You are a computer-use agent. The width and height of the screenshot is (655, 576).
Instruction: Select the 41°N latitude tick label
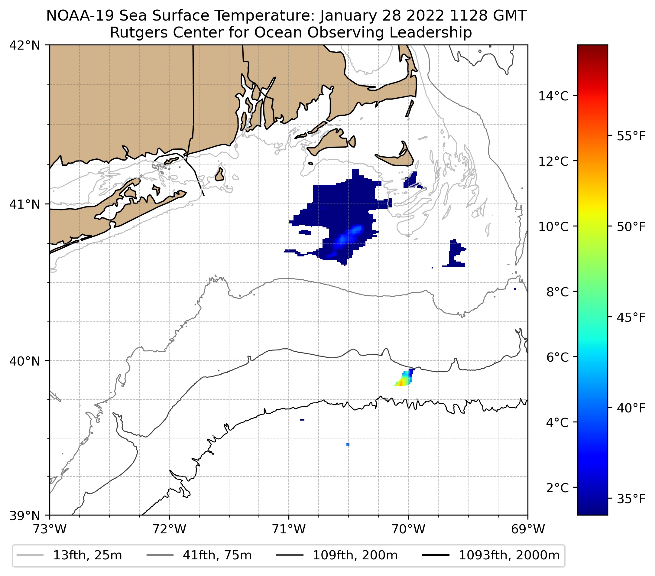[x=25, y=204]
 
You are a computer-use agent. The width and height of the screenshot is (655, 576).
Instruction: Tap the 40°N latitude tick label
[x=25, y=361]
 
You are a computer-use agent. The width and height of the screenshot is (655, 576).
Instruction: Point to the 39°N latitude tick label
[x=25, y=516]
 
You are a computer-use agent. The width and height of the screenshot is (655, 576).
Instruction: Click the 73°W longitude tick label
[x=50, y=529]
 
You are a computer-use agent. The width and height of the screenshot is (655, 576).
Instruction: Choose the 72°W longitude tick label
[x=169, y=529]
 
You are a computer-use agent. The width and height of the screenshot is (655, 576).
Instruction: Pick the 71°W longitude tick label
[x=289, y=529]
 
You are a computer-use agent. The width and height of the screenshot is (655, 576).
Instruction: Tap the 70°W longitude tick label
[x=408, y=529]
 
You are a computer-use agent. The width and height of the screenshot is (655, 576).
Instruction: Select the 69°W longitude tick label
[x=528, y=529]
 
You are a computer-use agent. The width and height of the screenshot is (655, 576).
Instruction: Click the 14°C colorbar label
[x=553, y=96]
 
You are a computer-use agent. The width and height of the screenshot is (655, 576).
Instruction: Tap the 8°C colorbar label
[x=558, y=292]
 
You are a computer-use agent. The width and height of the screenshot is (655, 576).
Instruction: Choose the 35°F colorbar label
[x=631, y=499]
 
